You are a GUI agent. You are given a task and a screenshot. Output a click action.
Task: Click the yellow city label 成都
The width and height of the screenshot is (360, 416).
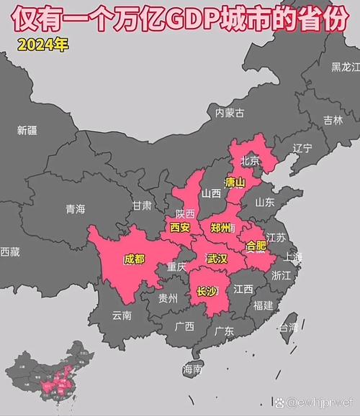[x=134, y=259]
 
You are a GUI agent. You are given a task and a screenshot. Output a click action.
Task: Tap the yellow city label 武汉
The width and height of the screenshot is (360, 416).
[x=217, y=258]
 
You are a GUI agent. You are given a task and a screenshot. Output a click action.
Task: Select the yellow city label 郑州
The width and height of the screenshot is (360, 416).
[x=221, y=227]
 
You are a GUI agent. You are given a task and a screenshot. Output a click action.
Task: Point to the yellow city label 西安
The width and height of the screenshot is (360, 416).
[x=180, y=227]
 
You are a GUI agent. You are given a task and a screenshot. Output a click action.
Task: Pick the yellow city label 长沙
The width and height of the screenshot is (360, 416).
[x=206, y=291]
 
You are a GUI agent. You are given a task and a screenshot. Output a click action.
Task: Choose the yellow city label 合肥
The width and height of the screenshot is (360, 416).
[x=256, y=246]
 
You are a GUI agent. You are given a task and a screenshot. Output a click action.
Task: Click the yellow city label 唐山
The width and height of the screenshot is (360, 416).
[x=235, y=182]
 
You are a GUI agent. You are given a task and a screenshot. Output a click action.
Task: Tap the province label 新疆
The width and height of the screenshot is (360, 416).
[x=27, y=130]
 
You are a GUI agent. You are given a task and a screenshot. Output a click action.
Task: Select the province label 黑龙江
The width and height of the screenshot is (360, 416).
[x=345, y=68]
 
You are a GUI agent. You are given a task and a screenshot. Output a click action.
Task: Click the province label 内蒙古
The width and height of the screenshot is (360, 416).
[x=230, y=112]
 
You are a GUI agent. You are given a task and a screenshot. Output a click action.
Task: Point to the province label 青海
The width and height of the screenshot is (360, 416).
[x=75, y=209]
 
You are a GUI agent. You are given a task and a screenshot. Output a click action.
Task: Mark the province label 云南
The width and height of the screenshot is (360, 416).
[x=122, y=315]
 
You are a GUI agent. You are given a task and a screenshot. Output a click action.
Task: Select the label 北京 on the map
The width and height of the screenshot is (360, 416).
[x=250, y=160]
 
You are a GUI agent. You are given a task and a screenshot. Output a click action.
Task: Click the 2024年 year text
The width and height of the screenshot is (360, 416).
[x=43, y=45]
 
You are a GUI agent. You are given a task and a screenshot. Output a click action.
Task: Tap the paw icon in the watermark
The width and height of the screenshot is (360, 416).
[x=280, y=399]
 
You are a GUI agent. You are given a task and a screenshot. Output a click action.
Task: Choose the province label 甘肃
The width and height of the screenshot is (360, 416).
[x=142, y=205]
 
